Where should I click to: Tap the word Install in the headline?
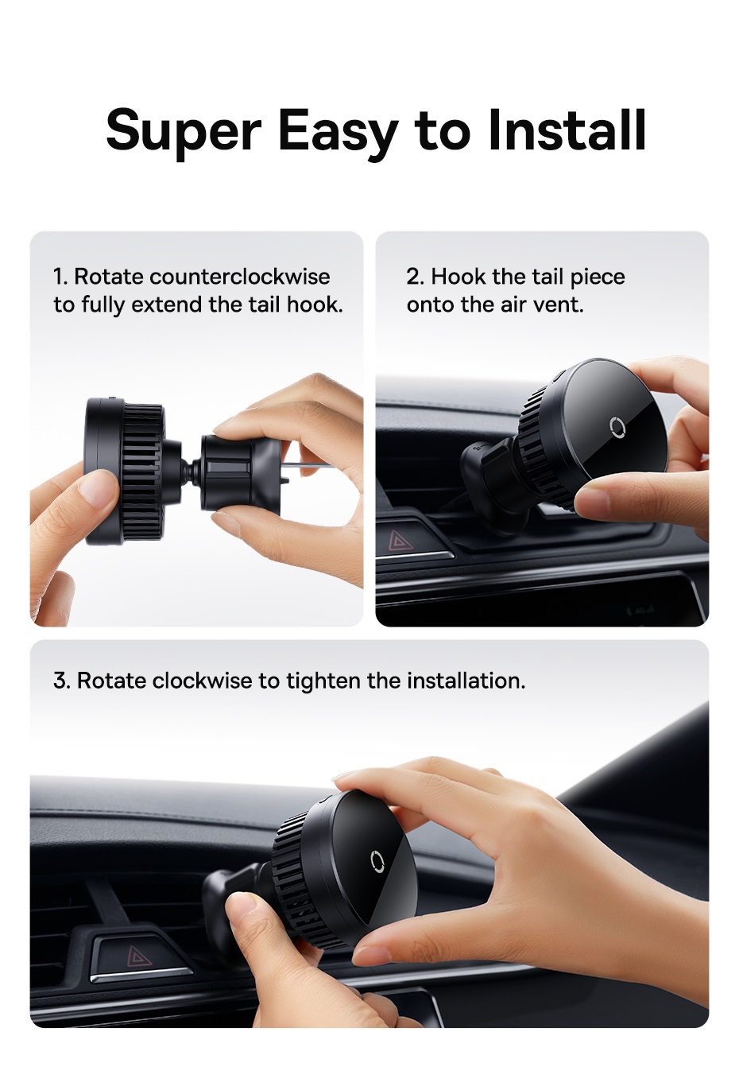pyautogui.click(x=566, y=129)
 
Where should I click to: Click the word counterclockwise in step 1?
pyautogui.click(x=240, y=277)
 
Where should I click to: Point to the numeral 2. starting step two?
pyautogui.click(x=415, y=277)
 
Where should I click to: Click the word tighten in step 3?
pyautogui.click(x=323, y=681)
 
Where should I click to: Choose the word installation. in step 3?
pyautogui.click(x=466, y=681)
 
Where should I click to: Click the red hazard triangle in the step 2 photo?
pyautogui.click(x=400, y=541)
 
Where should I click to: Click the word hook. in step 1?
pyautogui.click(x=315, y=305)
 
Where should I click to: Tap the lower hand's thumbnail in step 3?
pyautogui.click(x=241, y=906)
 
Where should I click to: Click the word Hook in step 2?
pyautogui.click(x=458, y=277)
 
